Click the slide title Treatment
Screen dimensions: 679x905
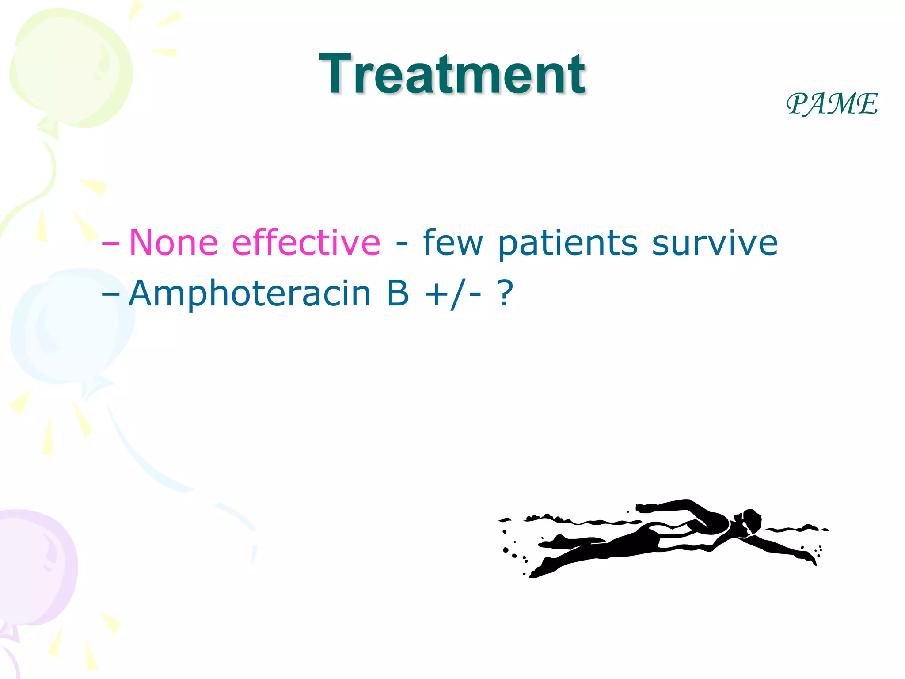[x=452, y=74]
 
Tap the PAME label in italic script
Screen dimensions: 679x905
[x=832, y=104]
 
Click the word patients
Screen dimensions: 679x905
[x=567, y=243]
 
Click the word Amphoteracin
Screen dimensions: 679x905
[x=250, y=294]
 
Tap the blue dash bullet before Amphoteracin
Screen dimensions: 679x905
[x=110, y=294]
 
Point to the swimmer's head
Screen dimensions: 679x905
[x=750, y=522]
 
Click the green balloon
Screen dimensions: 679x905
[x=71, y=69]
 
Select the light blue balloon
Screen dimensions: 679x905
[x=71, y=327]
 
